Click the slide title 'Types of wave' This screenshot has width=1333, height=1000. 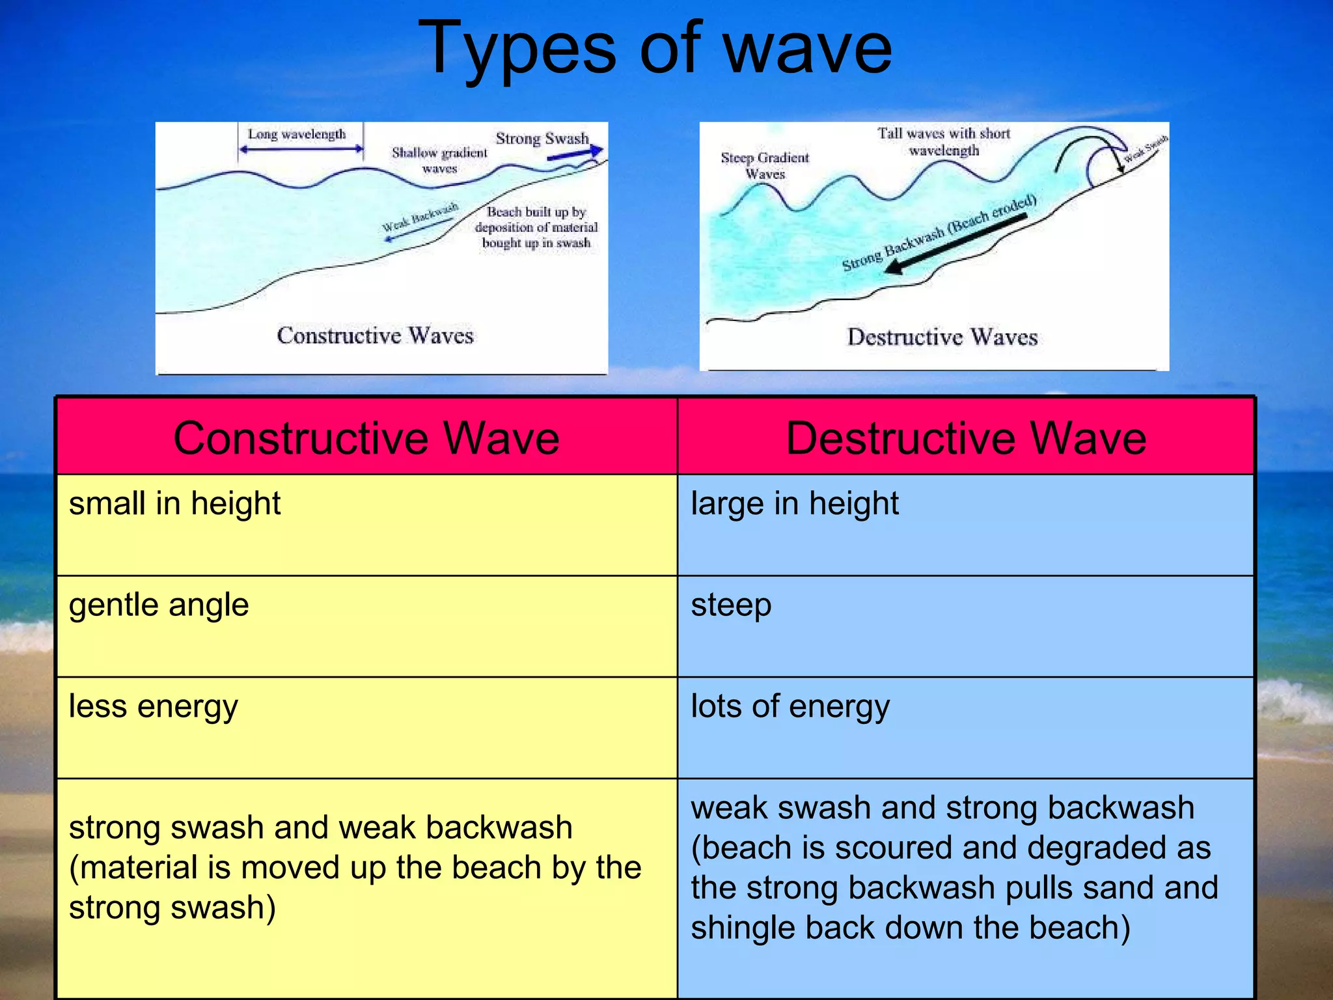pos(655,49)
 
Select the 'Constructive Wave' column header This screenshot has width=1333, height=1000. pos(366,437)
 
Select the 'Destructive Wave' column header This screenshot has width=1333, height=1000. pos(966,437)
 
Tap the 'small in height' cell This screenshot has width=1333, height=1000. pos(174,504)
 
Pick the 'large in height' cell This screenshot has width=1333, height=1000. pos(794,504)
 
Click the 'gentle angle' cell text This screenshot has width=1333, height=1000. pos(159,605)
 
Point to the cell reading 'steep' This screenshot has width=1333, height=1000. pos(731,605)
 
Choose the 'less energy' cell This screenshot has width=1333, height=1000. pos(154,707)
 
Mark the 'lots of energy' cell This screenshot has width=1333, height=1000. pos(790,707)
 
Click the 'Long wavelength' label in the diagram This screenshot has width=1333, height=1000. pos(297,134)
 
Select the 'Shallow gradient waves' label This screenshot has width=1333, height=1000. pos(439,160)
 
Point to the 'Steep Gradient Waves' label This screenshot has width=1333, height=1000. pos(765,165)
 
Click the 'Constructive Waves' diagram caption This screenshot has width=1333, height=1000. pos(375,335)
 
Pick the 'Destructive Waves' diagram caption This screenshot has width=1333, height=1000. pos(942,337)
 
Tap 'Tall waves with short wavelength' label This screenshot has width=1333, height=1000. pos(943,141)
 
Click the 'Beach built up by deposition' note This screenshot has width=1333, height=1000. pos(536,227)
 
